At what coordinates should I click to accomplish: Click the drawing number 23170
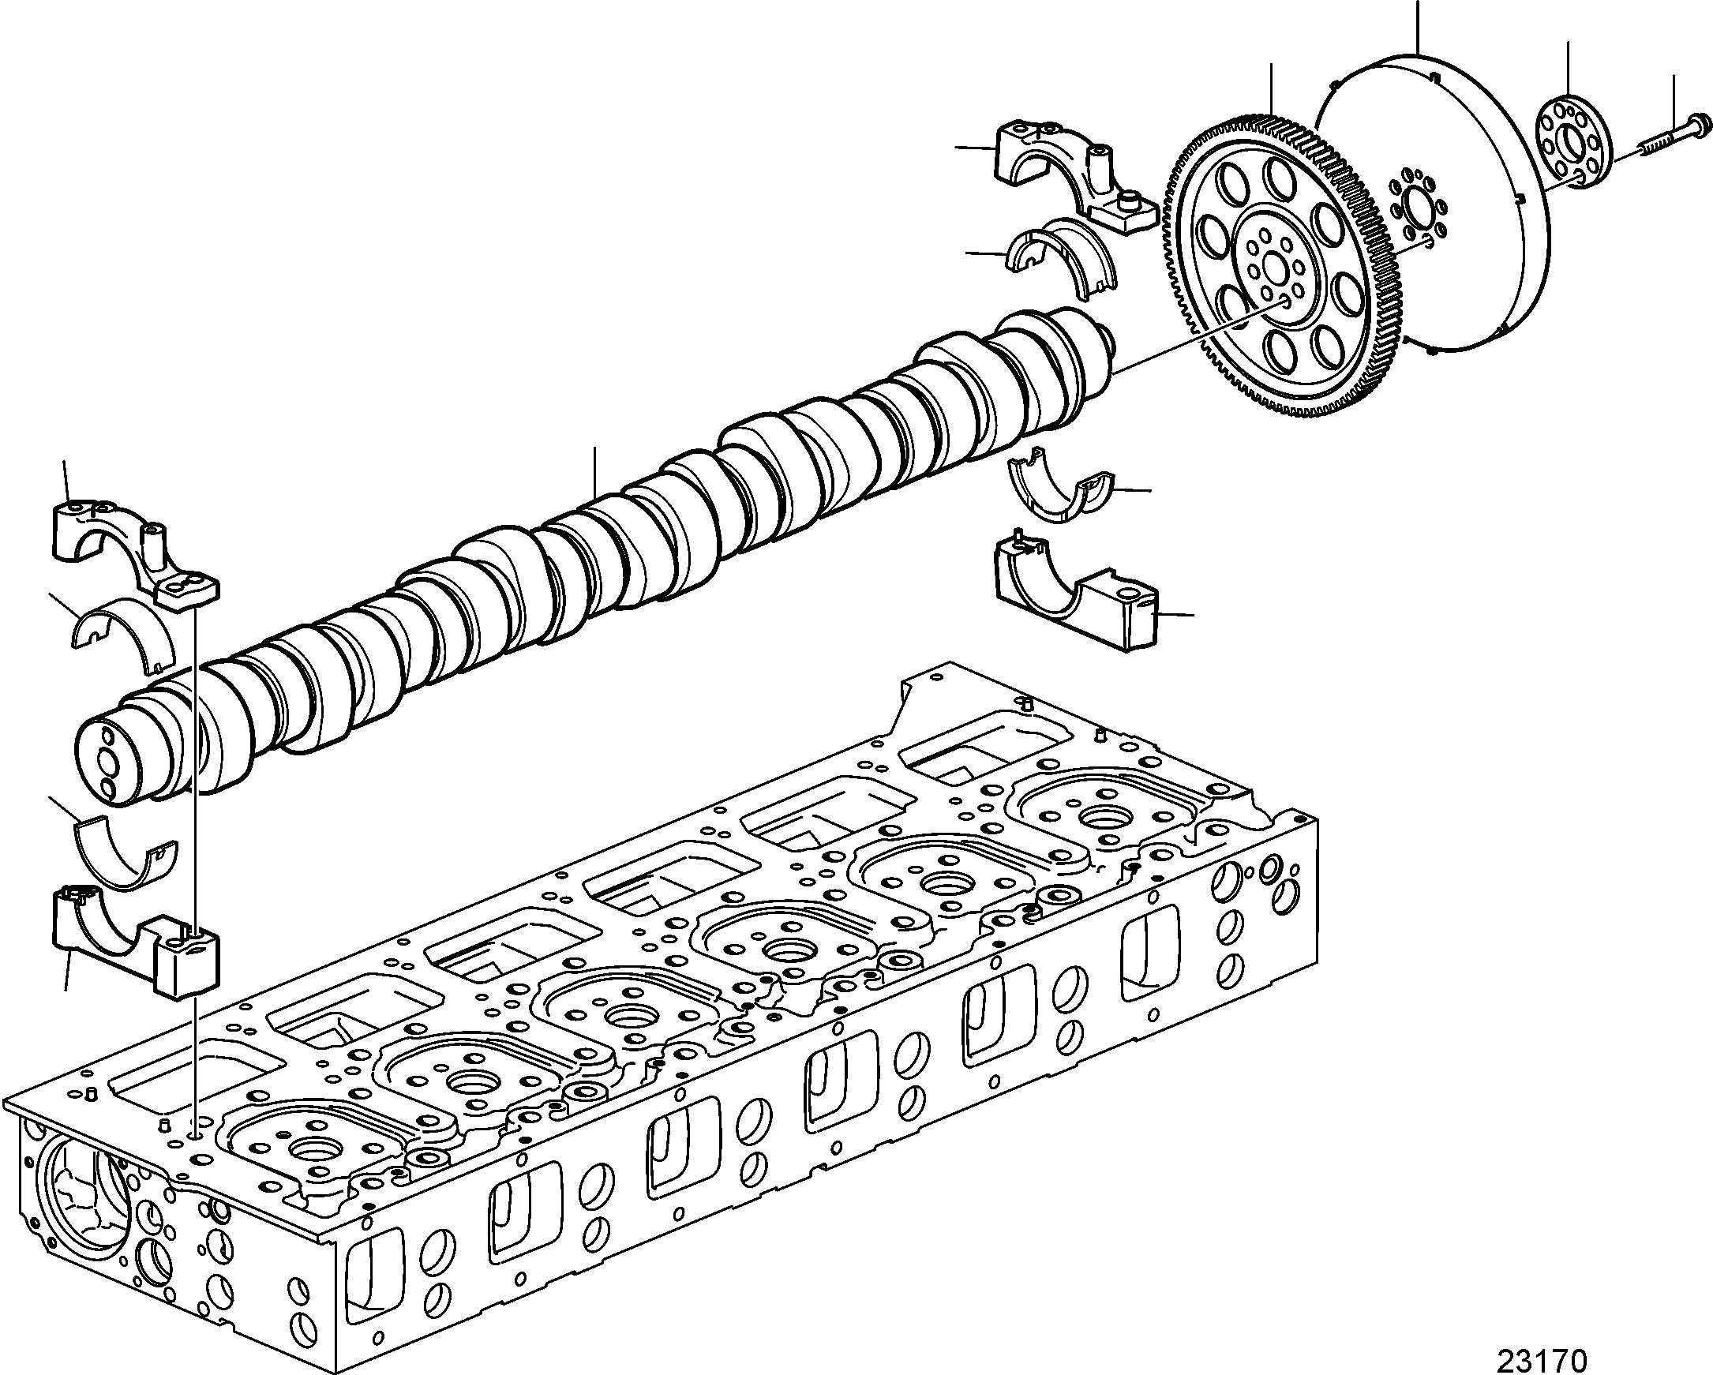1541,1358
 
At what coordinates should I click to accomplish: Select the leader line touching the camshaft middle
595,474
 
